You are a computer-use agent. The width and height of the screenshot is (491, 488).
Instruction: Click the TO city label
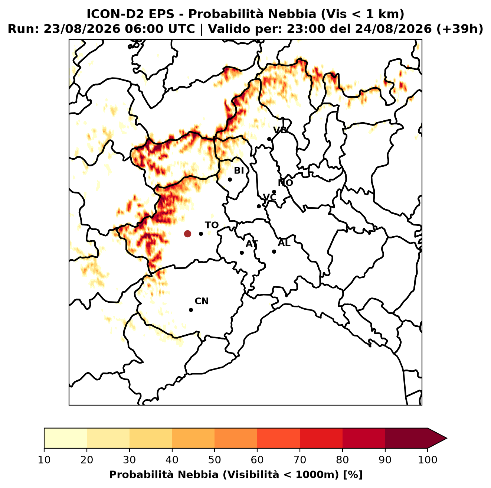pos(212,225)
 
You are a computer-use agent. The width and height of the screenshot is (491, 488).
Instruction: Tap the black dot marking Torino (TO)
pos(201,234)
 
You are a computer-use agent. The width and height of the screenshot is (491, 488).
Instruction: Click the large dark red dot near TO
pos(187,234)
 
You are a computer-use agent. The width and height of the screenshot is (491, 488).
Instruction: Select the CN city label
pos(202,301)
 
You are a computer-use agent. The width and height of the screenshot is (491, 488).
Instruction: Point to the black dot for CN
pos(191,310)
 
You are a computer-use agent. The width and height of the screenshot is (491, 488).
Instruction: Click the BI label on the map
pos(239,171)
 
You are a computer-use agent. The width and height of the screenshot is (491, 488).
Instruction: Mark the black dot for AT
pos(242,253)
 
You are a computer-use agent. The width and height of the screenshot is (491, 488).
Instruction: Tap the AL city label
pos(284,243)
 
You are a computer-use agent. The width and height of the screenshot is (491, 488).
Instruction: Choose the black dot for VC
pos(259,206)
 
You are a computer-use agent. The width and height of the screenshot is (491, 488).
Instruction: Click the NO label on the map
pos(285,183)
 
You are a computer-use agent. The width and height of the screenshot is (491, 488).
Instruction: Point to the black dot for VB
pos(269,139)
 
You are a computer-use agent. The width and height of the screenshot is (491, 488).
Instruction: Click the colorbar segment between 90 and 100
pos(406,438)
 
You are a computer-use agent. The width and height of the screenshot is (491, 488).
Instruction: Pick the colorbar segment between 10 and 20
pos(65,438)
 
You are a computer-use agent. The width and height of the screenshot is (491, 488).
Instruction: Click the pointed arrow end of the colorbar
pos(446,438)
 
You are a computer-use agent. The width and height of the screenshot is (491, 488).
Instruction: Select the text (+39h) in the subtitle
pos(460,29)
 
